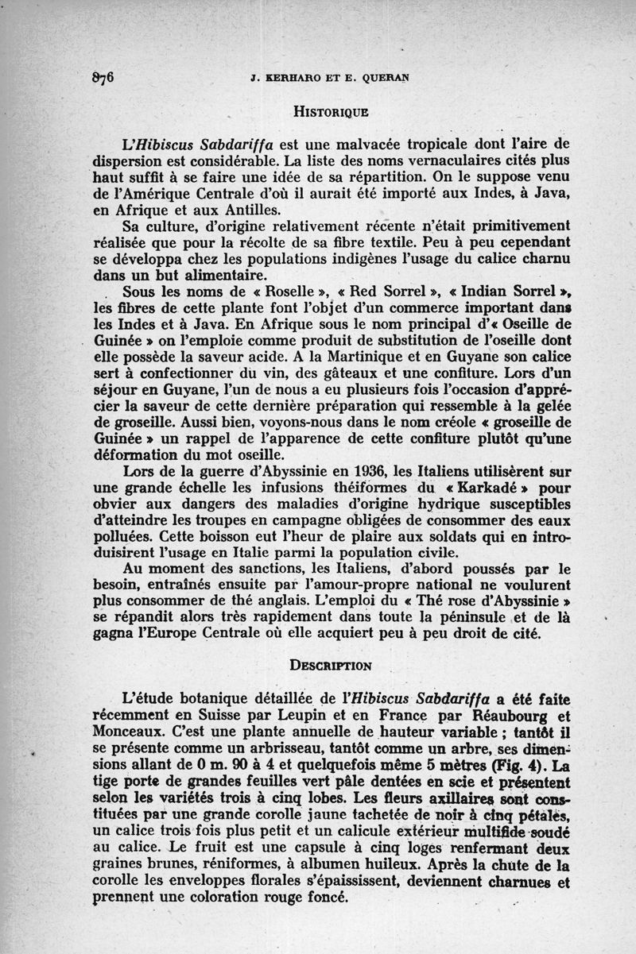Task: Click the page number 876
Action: pos(104,77)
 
